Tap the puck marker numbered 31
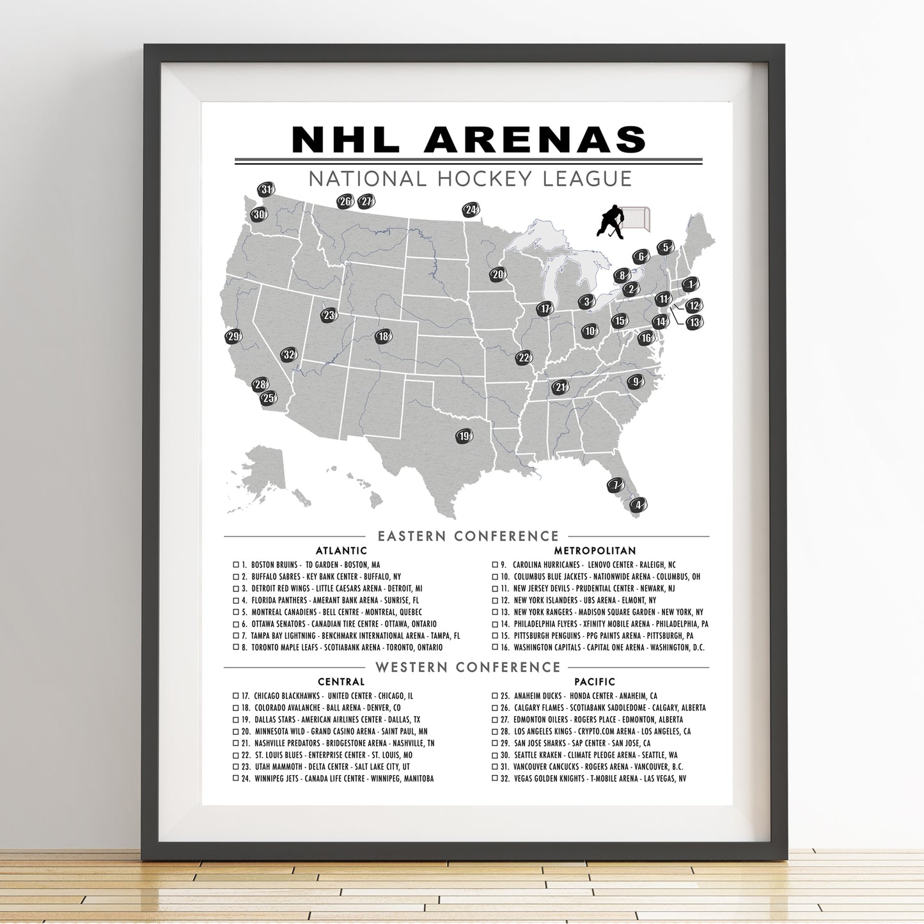(x=266, y=189)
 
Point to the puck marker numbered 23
(x=329, y=315)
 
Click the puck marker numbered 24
(x=471, y=210)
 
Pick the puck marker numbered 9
(x=635, y=382)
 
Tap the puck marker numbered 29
(x=234, y=336)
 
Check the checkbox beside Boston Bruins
(x=236, y=565)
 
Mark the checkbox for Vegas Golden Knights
(x=495, y=779)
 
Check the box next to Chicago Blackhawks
(x=236, y=696)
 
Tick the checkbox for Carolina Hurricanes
(x=495, y=565)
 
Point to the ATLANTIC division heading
(x=341, y=551)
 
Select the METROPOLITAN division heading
(x=595, y=551)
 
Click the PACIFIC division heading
(x=595, y=682)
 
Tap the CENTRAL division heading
(x=341, y=682)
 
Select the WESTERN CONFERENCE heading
(x=467, y=667)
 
